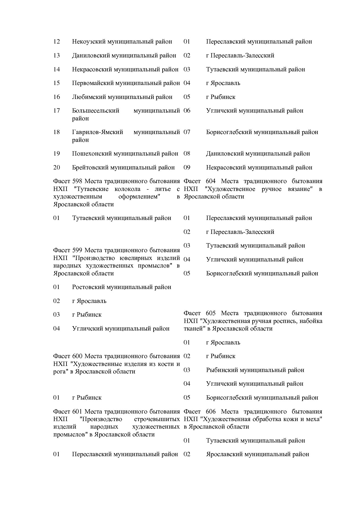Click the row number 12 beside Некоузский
click(x=56, y=41)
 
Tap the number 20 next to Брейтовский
click(x=56, y=167)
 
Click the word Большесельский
click(x=96, y=111)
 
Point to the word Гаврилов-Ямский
click(x=97, y=132)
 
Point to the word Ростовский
click(x=88, y=287)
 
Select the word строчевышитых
click(x=157, y=419)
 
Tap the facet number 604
click(x=210, y=181)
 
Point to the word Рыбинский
click(x=222, y=370)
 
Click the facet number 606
click(x=210, y=412)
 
